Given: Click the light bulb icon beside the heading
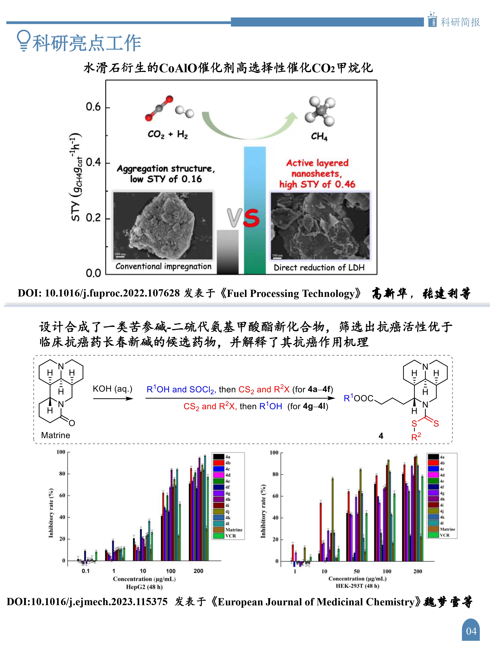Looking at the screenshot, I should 24,40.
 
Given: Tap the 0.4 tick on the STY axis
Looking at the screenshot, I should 93,162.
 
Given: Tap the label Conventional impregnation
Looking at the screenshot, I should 163,267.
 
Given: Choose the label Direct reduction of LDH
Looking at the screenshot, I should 319,268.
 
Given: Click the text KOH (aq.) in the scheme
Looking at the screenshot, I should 113,389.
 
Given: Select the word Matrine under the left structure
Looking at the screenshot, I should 56,435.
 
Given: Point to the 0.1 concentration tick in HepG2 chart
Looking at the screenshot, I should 86,571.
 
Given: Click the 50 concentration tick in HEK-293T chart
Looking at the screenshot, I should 357,571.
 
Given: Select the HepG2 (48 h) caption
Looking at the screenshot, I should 144,587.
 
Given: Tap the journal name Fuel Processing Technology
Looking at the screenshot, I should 291,293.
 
